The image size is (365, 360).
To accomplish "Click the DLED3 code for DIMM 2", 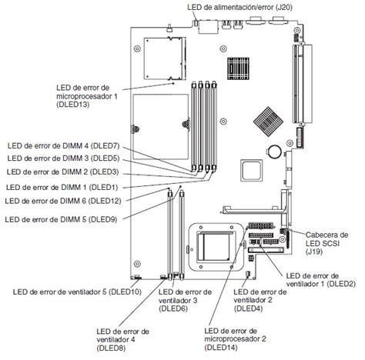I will coord(105,172).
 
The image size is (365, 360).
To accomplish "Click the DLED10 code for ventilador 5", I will coord(125,292).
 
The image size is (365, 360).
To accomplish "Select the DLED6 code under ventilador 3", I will coord(173,309).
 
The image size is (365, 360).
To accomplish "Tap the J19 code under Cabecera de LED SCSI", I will coord(313,251).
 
